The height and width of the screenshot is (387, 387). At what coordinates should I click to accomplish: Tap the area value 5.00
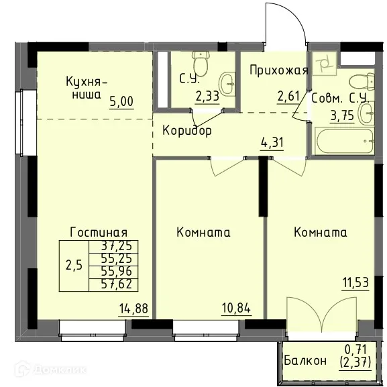(x=122, y=102)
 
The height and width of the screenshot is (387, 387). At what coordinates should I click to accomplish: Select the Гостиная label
(x=99, y=232)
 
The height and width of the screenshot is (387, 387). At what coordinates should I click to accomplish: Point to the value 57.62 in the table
(x=115, y=284)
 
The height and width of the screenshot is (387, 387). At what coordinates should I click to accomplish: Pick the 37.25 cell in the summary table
(x=115, y=246)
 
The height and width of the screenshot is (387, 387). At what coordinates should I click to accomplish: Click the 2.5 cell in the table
(x=74, y=264)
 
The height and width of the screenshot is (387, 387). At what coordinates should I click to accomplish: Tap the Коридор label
(x=187, y=130)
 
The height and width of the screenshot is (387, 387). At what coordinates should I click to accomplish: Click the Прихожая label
(x=279, y=70)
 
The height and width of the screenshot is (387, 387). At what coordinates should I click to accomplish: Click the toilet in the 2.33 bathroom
(x=199, y=65)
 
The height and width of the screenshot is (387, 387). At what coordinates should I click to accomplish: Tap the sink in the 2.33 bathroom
(x=228, y=84)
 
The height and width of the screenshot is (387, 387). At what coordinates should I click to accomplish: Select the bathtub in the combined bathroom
(x=342, y=142)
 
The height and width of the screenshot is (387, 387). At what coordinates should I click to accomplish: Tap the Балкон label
(x=305, y=360)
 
